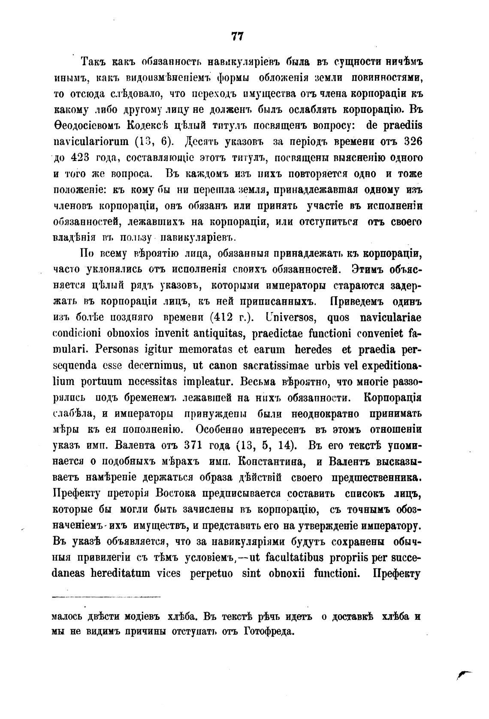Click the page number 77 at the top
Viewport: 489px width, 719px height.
coord(237,36)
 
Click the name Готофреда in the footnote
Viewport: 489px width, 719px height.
coord(268,631)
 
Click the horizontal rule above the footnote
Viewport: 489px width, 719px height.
coord(106,597)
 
